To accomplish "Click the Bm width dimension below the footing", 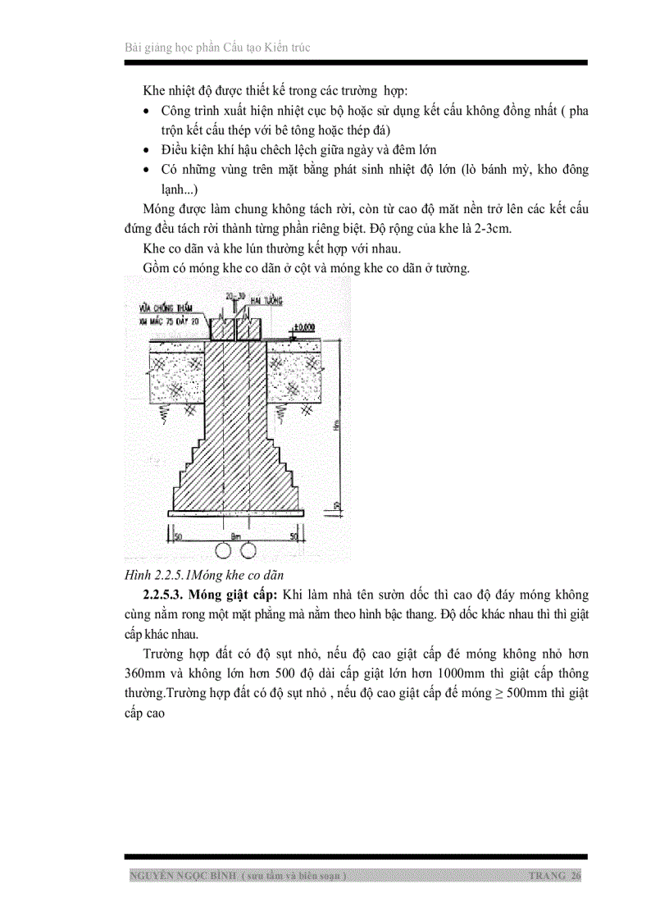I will coord(236,535).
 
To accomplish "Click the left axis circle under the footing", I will coord(224,549).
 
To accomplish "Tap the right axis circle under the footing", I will coord(248,549).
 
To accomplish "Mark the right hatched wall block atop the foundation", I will coord(248,330).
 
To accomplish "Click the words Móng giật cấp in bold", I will coord(238,594).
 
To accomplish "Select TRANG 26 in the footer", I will coord(556,876).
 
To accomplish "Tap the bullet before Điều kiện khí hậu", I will coord(146,151).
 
